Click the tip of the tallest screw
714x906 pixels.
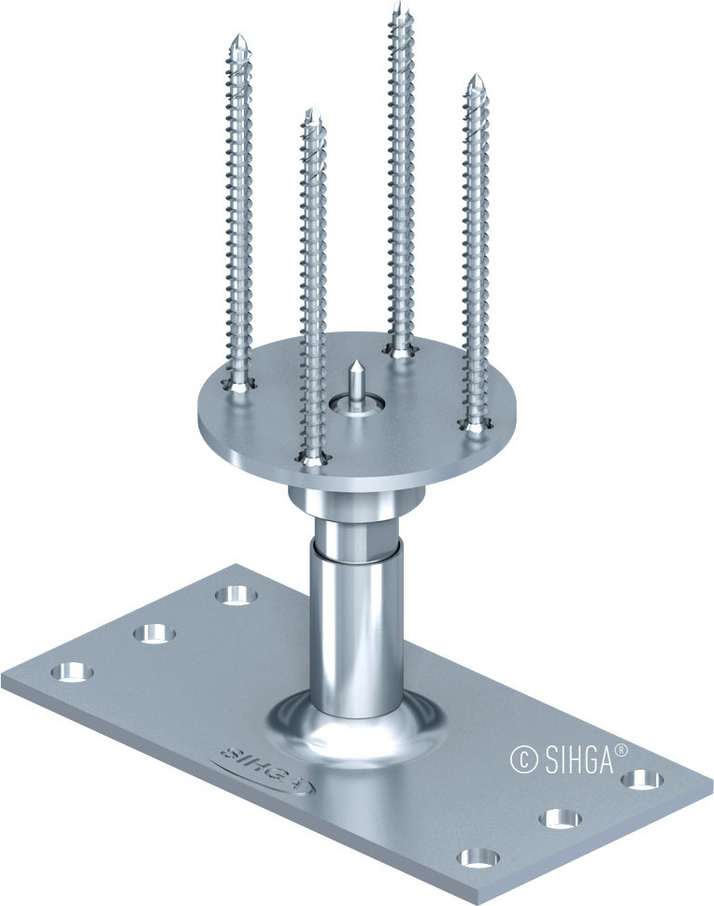399,8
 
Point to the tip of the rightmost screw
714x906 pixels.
475,78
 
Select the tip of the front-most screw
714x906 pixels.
312,112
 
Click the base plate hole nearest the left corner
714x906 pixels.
72,672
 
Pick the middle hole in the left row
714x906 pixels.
154,632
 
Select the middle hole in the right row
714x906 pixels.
563,818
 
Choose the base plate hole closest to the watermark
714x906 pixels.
643,778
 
